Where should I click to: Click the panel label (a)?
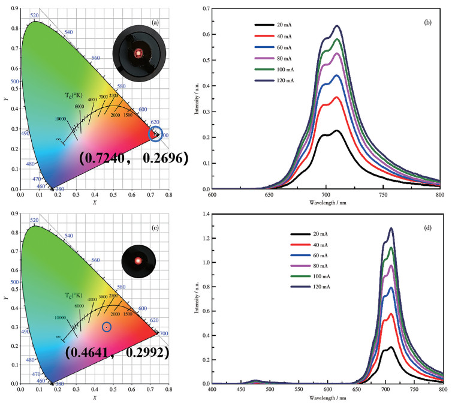coord(155,22)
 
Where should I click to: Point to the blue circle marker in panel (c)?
coord(107,327)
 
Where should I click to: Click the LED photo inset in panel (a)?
coord(138,53)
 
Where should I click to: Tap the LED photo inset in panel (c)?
coord(138,260)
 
